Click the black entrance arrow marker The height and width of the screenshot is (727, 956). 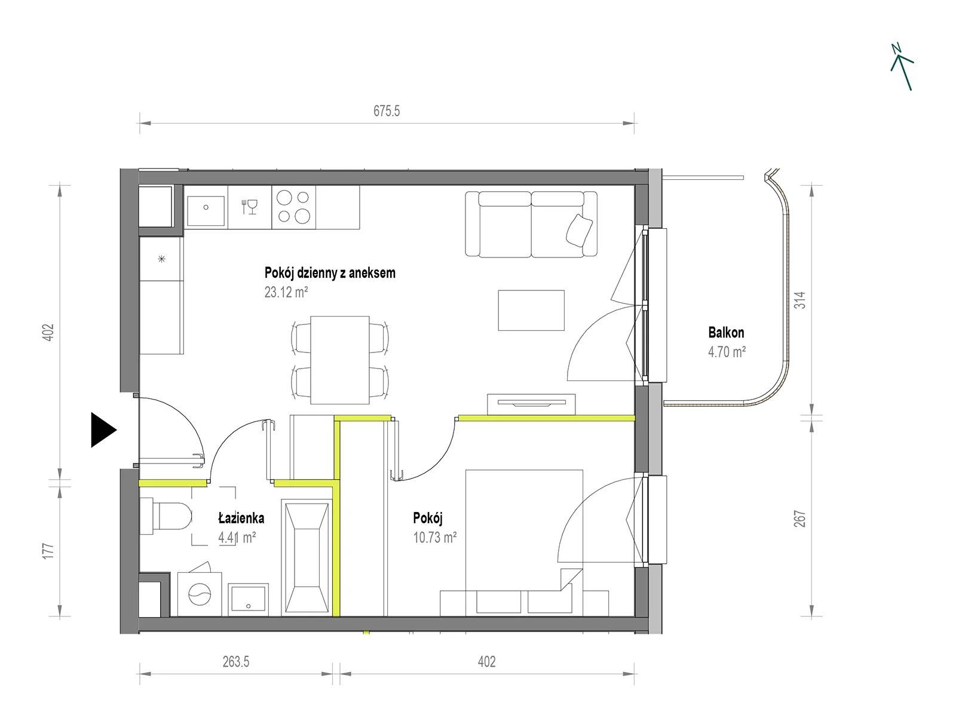[103, 430]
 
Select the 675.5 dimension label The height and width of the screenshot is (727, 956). [387, 111]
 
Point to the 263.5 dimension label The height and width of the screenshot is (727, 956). [235, 662]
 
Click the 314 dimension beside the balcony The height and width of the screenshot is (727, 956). [801, 300]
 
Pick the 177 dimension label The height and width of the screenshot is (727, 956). [48, 551]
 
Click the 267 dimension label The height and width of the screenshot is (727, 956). [800, 519]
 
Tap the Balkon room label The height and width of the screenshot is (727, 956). [726, 333]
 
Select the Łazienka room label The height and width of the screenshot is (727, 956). [241, 518]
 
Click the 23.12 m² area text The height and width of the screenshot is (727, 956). [286, 292]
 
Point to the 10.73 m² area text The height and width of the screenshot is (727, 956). [434, 538]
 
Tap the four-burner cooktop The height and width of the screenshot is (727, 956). [293, 207]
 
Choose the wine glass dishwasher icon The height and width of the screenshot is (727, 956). [250, 206]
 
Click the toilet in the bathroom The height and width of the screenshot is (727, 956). [166, 516]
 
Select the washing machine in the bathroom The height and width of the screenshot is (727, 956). [200, 593]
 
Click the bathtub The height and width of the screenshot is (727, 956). [306, 557]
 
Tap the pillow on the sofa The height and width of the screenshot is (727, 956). [579, 231]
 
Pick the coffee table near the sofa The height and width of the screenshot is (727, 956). [531, 311]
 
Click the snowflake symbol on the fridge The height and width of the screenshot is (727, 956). [161, 259]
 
